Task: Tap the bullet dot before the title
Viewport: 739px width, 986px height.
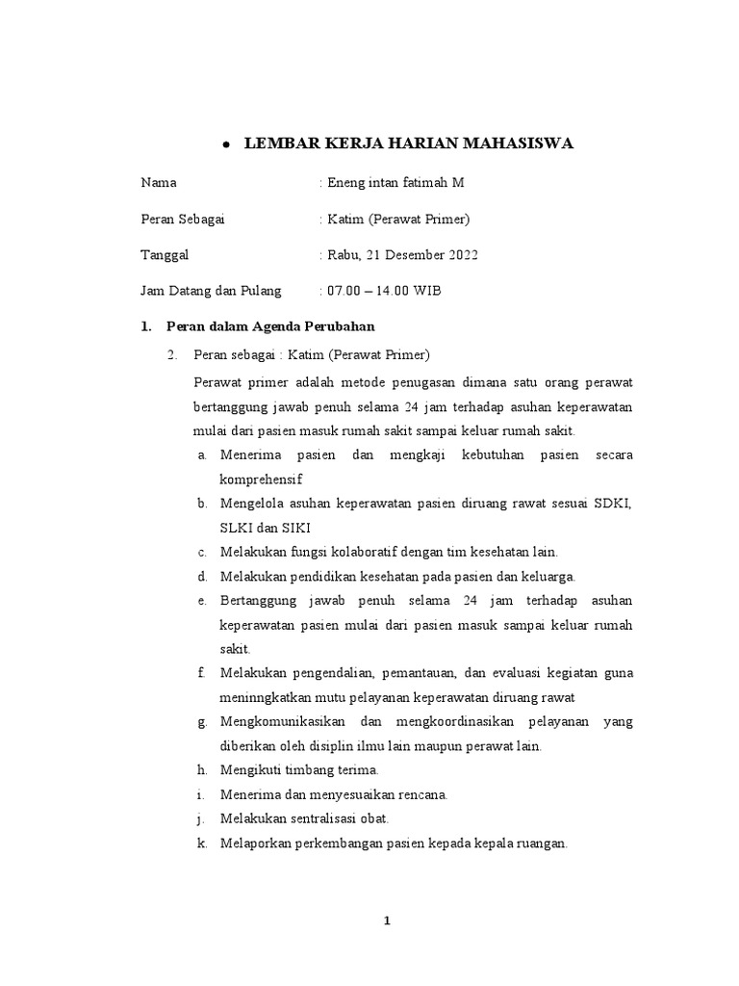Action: click(224, 145)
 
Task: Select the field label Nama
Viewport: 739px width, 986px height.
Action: click(158, 182)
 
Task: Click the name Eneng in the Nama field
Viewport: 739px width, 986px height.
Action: click(347, 182)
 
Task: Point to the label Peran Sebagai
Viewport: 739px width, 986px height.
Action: click(182, 219)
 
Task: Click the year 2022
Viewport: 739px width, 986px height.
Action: click(460, 255)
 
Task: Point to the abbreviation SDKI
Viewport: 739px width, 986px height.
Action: click(612, 504)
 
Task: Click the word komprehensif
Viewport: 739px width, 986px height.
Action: click(261, 479)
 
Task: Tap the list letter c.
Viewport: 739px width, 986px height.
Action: click(202, 553)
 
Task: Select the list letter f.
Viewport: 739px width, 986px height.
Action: click(202, 673)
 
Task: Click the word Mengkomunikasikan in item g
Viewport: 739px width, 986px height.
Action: click(279, 722)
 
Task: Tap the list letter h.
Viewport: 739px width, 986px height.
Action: click(202, 770)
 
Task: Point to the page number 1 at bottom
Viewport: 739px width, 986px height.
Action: click(388, 921)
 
